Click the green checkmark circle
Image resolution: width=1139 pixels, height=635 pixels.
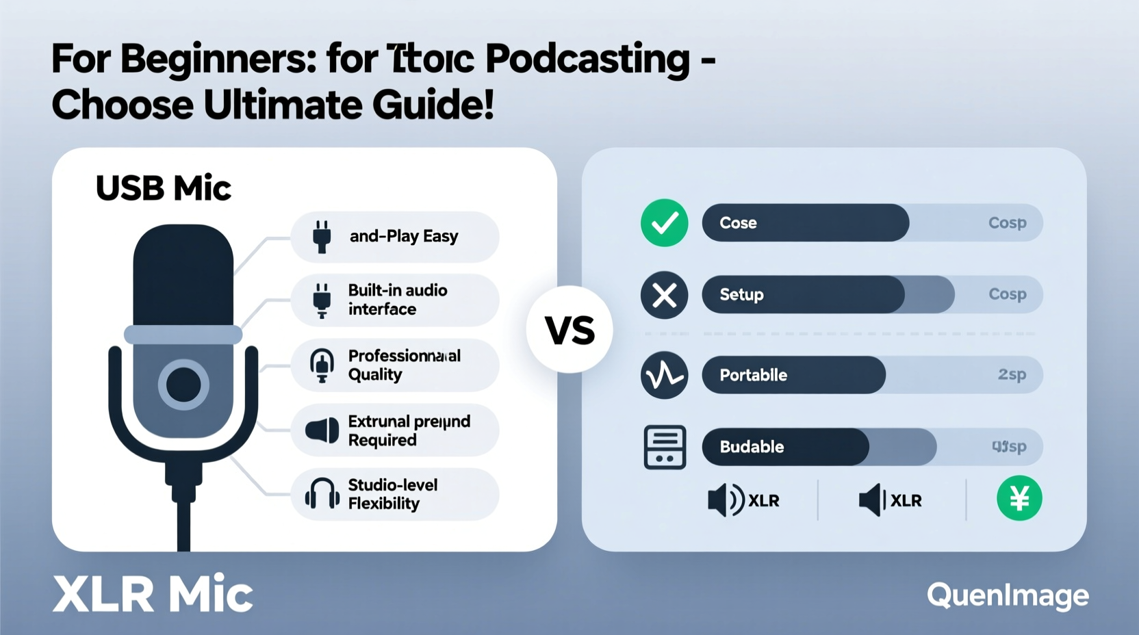(664, 223)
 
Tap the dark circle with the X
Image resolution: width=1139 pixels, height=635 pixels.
(664, 296)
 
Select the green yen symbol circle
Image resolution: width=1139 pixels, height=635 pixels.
(1019, 498)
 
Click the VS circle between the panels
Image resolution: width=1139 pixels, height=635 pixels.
(569, 330)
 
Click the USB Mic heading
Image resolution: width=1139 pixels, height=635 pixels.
(163, 188)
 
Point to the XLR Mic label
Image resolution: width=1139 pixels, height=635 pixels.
(153, 593)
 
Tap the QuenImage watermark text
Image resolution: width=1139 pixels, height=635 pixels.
(1008, 595)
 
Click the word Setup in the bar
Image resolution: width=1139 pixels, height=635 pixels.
(741, 295)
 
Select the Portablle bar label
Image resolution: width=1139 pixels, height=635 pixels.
(753, 375)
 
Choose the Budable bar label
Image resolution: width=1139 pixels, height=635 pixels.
(752, 447)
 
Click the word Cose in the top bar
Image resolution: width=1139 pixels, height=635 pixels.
(738, 223)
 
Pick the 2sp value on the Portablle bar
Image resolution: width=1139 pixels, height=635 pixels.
(1012, 374)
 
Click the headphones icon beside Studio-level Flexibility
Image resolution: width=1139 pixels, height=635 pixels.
(322, 493)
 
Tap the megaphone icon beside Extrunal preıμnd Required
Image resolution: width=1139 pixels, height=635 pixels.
(322, 430)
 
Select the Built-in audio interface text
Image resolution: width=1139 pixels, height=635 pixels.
(398, 300)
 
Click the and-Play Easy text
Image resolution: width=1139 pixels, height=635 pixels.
(404, 236)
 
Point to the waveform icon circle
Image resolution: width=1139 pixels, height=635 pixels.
(664, 375)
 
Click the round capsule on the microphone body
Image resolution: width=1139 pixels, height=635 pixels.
(183, 385)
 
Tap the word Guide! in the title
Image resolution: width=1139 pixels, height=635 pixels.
(433, 105)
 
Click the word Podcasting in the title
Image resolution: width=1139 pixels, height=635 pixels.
(587, 59)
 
